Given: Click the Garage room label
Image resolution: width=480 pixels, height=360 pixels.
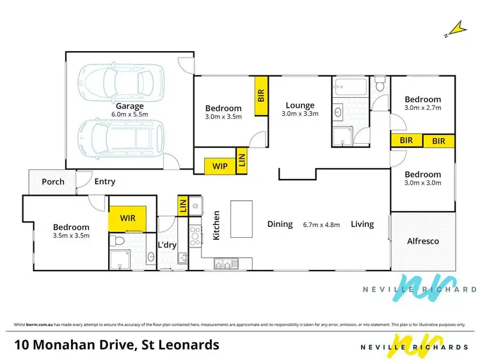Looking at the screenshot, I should pyautogui.click(x=129, y=106).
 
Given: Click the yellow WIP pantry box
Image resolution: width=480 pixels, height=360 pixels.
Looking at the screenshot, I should pyautogui.click(x=220, y=166).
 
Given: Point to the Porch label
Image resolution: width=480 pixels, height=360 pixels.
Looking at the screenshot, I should pyautogui.click(x=53, y=182).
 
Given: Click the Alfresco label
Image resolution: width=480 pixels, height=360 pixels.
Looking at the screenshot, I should pyautogui.click(x=423, y=241).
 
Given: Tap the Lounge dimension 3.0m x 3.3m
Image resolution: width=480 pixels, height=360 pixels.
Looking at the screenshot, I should pyautogui.click(x=300, y=114).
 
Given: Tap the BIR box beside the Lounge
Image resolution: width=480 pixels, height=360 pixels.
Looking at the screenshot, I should pyautogui.click(x=261, y=96).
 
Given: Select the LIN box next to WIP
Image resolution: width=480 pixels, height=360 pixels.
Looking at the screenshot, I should pyautogui.click(x=241, y=160).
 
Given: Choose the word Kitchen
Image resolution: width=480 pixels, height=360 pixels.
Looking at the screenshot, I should pyautogui.click(x=217, y=225).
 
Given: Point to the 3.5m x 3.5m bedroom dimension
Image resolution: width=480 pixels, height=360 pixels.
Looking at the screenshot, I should pyautogui.click(x=71, y=235).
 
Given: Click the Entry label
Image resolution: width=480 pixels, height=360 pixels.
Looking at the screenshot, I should pyautogui.click(x=105, y=182).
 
